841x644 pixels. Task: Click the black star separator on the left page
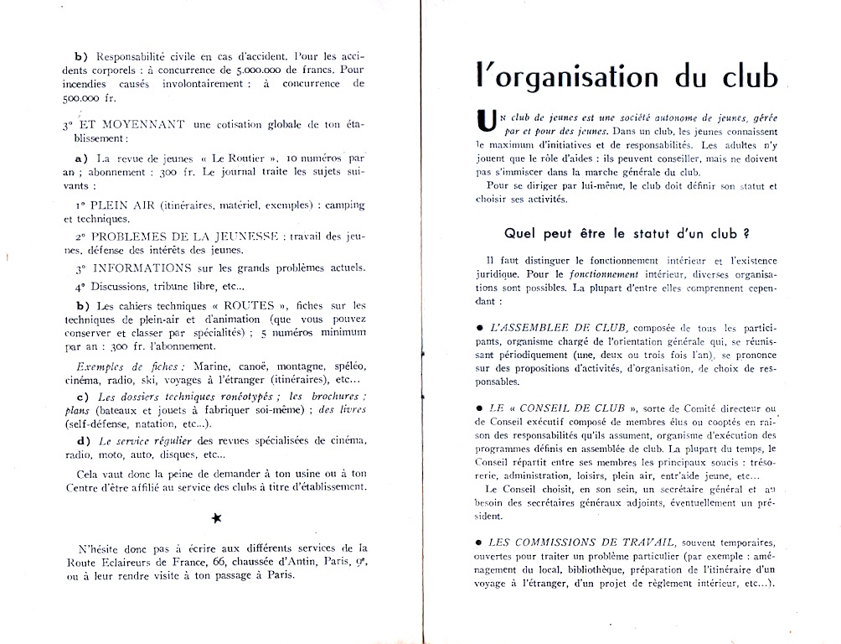click(x=217, y=517)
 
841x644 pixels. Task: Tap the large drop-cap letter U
click(x=484, y=122)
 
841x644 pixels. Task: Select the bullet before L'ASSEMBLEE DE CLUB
click(x=478, y=325)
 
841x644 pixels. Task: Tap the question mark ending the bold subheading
click(x=745, y=232)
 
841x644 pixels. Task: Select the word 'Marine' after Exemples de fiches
click(x=209, y=366)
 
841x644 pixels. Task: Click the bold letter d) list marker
click(x=81, y=440)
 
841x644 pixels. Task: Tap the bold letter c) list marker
click(x=81, y=396)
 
